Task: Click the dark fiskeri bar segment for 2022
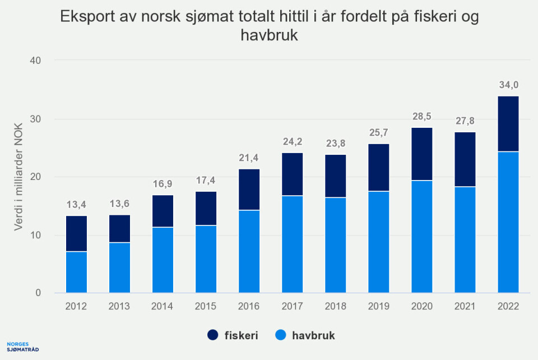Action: coord(508,124)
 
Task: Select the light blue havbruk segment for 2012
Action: coord(76,272)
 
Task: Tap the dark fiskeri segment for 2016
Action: coord(249,190)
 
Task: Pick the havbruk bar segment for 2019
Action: coord(378,242)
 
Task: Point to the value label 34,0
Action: coord(508,85)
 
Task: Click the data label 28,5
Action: coord(421,117)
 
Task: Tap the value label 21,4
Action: coord(249,158)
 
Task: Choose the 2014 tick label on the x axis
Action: coord(163,307)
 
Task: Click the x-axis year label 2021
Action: coord(465,307)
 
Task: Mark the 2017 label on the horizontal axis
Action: coord(292,307)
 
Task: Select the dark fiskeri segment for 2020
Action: coord(421,154)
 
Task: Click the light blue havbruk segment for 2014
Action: coord(163,260)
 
